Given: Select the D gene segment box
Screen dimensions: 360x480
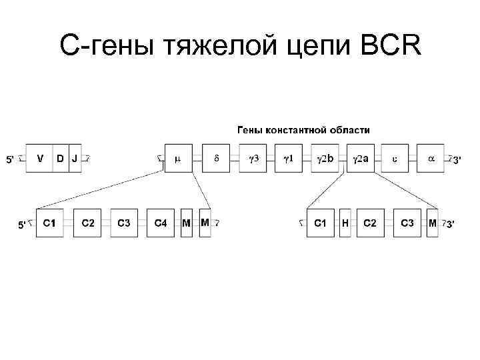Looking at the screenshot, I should (60, 159).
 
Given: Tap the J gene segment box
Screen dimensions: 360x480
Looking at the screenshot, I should (75, 159).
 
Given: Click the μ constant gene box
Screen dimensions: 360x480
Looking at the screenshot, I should (178, 159).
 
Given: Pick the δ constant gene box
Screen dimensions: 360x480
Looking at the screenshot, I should (215, 159).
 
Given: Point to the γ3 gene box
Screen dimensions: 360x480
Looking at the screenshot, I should (253, 159).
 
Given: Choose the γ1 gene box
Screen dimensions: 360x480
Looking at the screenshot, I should (289, 159).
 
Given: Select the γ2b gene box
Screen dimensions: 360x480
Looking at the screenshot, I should (325, 159).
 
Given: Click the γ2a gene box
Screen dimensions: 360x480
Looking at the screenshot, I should (361, 159).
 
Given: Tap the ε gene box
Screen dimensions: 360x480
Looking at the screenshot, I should (395, 159).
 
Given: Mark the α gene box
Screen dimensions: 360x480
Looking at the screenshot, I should (431, 159).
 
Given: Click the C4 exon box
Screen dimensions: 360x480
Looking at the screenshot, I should (161, 223).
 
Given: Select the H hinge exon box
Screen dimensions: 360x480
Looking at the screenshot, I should (345, 223).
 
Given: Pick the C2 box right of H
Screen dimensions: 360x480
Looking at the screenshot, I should (371, 223).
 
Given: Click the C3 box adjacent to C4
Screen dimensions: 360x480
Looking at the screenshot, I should (124, 223).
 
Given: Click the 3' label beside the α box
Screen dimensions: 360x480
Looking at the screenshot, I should (456, 159).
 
